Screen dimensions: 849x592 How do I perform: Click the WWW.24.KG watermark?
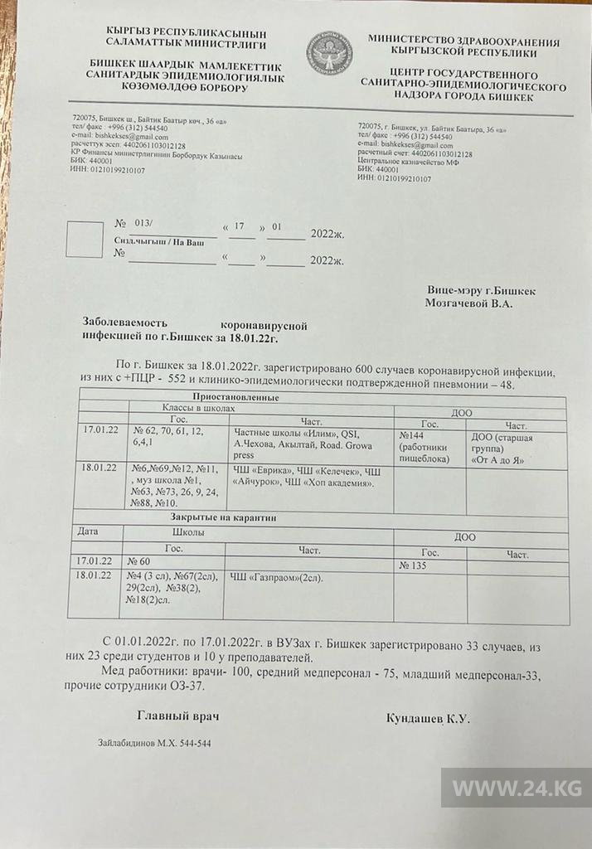click(x=515, y=787)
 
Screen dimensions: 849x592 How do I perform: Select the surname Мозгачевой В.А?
click(x=468, y=304)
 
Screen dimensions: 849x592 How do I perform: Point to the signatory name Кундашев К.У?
click(x=428, y=718)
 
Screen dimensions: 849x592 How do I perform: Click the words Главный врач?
click(x=178, y=716)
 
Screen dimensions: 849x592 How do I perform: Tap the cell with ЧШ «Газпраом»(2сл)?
click(x=276, y=577)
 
